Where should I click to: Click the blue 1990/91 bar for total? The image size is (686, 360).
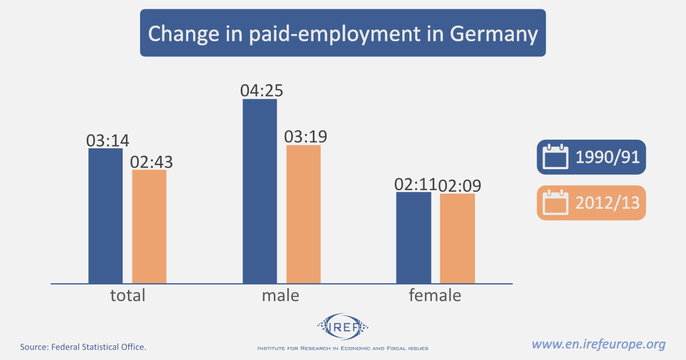tap(105, 216)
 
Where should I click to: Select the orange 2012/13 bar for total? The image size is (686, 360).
tap(149, 226)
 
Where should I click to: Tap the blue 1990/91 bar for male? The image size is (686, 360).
tap(260, 191)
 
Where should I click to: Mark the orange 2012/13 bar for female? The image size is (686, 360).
tap(458, 238)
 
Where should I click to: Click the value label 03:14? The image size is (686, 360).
tap(108, 140)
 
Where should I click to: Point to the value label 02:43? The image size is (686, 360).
tap(152, 162)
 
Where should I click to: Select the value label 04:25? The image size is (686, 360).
tap(262, 91)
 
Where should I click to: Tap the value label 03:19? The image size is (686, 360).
tap(306, 137)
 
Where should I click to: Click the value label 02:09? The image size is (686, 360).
tap(460, 186)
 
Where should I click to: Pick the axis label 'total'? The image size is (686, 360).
tap(127, 295)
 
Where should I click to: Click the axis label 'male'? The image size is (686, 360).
tap(280, 295)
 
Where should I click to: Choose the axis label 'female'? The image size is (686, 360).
tap(435, 295)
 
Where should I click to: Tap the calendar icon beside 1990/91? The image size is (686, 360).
tap(555, 157)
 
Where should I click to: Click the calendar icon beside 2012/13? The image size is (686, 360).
tap(555, 203)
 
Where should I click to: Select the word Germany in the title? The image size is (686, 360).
tap(494, 33)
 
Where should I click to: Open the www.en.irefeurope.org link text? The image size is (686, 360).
tap(598, 344)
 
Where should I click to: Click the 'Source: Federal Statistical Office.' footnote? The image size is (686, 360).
tap(83, 347)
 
